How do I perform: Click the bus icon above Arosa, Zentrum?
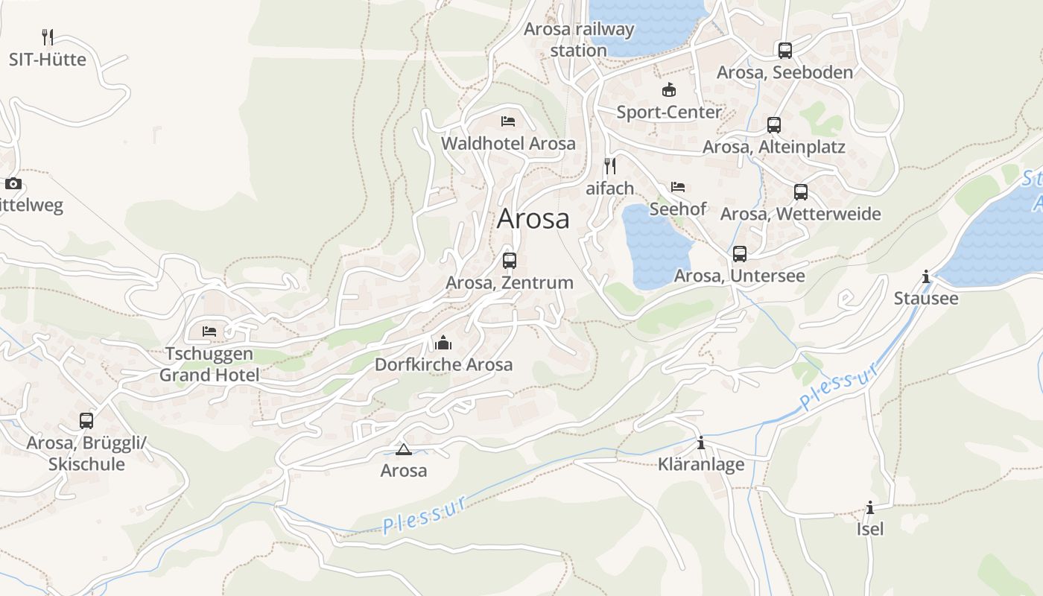click(510, 261)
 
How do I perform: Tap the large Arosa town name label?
click(533, 218)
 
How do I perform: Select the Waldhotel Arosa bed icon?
click(508, 121)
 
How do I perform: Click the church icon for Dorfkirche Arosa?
click(443, 343)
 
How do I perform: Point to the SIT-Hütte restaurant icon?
click(48, 37)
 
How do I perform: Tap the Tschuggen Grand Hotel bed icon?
click(209, 331)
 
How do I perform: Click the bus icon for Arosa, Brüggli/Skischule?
click(86, 421)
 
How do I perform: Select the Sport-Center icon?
click(669, 90)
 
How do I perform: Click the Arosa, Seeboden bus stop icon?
click(784, 51)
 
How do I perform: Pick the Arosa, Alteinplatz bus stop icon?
click(774, 125)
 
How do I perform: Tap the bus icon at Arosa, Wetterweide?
click(801, 192)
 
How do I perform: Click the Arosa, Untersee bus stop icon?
click(739, 254)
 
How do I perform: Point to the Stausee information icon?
click(926, 277)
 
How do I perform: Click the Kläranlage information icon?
click(700, 443)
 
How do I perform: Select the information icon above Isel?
click(870, 507)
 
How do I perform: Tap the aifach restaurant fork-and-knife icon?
click(610, 165)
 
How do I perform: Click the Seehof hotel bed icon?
click(677, 186)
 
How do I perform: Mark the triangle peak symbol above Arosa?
click(404, 449)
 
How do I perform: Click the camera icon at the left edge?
click(13, 183)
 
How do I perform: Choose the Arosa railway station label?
click(579, 39)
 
